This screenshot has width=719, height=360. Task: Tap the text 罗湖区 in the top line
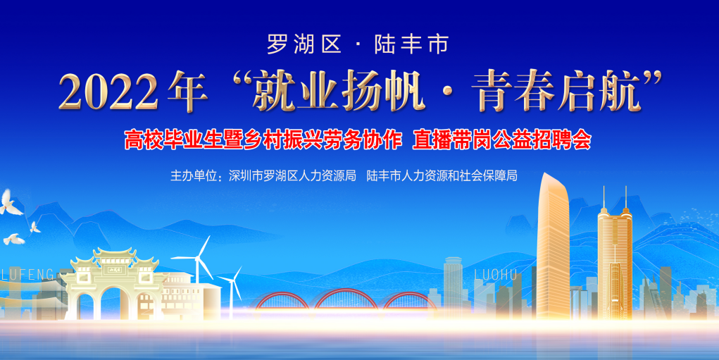tap(304, 44)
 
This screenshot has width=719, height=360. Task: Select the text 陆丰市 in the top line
tap(411, 44)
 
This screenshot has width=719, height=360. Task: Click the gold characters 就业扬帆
tap(339, 92)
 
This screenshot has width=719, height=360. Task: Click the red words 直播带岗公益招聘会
tap(501, 140)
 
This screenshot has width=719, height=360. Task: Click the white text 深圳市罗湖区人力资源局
tap(292, 175)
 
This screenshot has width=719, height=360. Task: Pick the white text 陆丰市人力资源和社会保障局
tap(442, 175)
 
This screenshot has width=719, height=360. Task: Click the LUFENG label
tap(27, 274)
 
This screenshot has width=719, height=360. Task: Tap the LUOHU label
tap(496, 275)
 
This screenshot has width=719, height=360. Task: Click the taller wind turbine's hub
tap(198, 259)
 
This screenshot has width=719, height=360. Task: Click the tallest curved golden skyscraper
tap(554, 248)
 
